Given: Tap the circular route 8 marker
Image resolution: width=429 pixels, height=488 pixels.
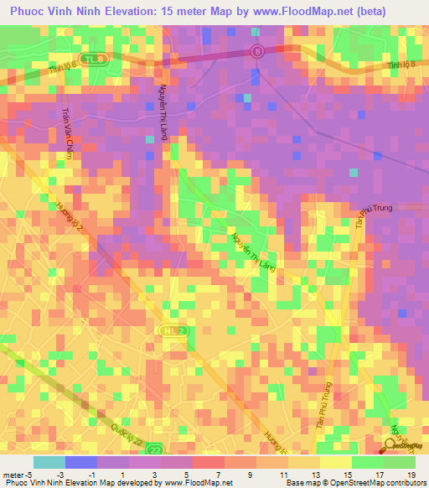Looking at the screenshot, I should pyautogui.click(x=258, y=51).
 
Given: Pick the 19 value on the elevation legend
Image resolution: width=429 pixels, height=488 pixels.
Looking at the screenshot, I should pyautogui.click(x=411, y=475).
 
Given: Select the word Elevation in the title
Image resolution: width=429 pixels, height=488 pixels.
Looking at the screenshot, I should pyautogui.click(x=139, y=13).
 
